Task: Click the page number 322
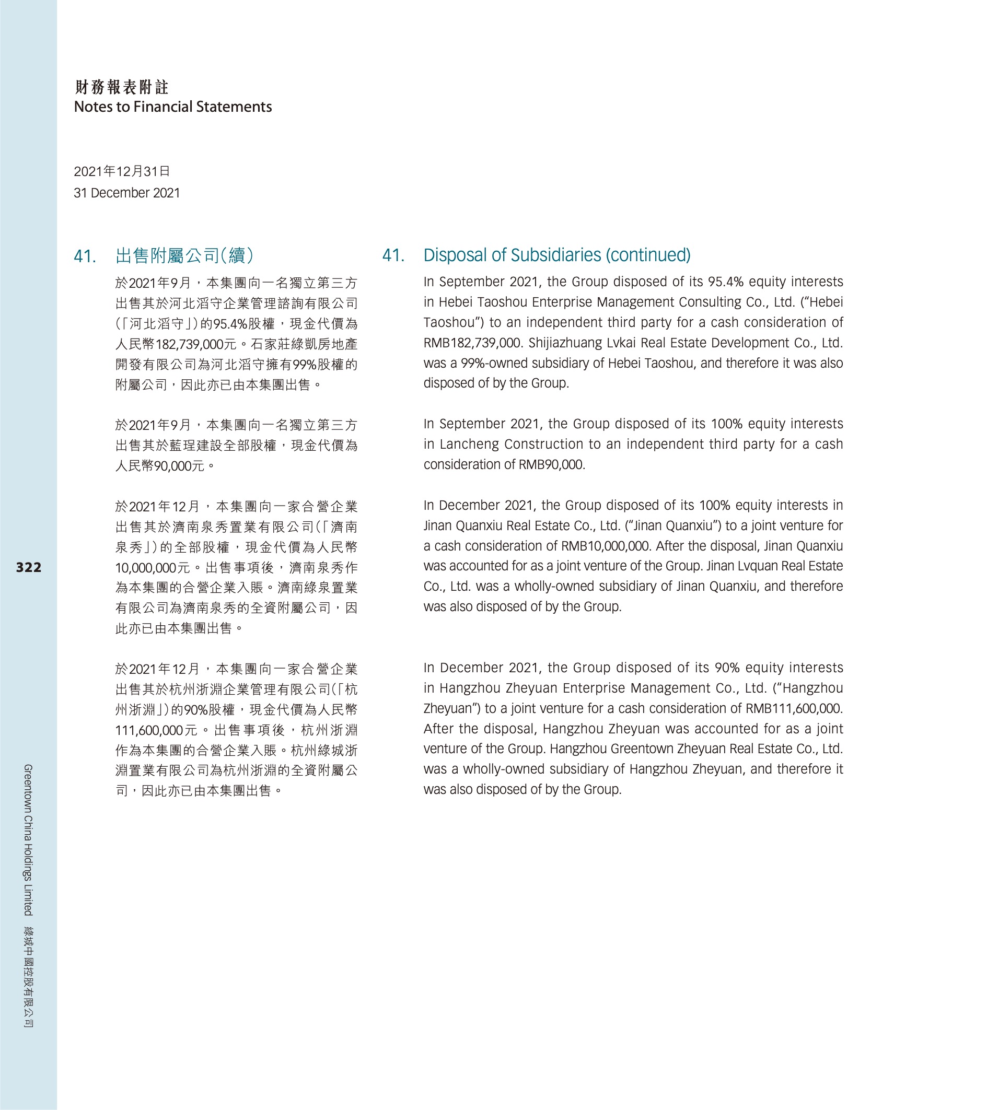29,567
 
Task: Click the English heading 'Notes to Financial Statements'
173,107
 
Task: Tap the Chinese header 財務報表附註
122,87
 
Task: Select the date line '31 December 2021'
126,193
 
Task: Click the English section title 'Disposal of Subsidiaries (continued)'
557,255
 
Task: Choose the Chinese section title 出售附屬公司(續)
184,255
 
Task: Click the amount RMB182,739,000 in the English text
472,343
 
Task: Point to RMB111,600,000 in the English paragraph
794,708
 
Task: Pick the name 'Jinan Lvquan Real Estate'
775,566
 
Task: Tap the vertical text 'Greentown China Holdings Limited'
28,839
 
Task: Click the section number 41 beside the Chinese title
85,256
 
